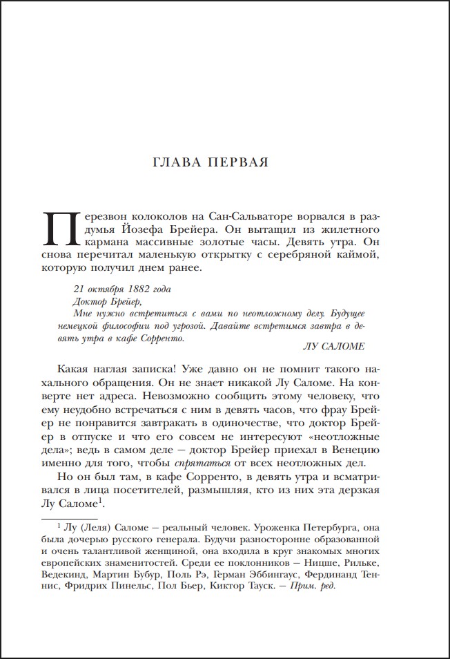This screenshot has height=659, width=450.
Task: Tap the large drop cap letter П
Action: tap(58, 228)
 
